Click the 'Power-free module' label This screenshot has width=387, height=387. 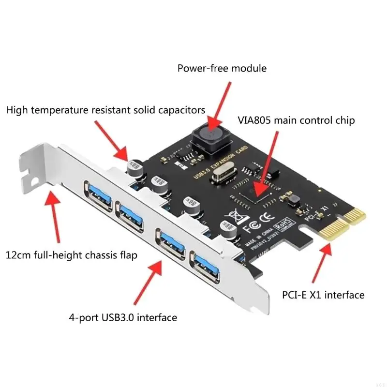[x=222, y=68]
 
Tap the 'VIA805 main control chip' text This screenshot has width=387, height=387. [x=294, y=120]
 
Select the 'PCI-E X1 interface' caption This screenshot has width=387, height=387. [x=323, y=294]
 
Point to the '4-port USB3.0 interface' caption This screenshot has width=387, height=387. [x=122, y=317]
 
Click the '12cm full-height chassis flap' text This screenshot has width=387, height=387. [x=71, y=254]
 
